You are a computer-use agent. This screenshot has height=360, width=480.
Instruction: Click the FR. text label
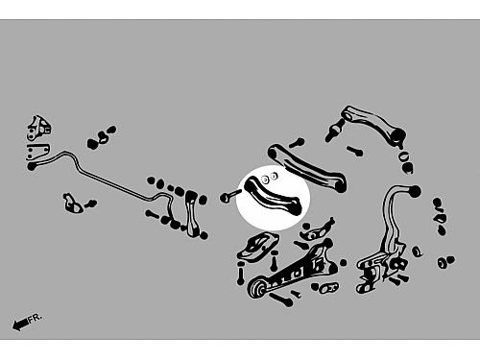[x=35, y=319]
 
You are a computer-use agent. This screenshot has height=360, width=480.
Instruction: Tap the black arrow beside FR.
[x=20, y=324]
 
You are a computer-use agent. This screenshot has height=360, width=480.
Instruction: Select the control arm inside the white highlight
[x=273, y=195]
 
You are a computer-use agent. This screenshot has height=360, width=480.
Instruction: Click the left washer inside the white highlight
[x=265, y=180]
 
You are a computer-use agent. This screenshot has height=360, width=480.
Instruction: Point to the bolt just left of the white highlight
[x=229, y=196]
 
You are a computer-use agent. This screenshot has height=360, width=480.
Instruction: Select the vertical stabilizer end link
[x=191, y=213]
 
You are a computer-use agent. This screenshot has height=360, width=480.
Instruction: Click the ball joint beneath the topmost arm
[x=334, y=131]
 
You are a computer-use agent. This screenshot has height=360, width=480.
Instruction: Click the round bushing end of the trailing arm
[x=257, y=288]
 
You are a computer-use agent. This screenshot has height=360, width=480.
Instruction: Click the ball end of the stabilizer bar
[x=32, y=166]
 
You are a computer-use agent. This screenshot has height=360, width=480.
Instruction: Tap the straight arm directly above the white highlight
[x=307, y=167]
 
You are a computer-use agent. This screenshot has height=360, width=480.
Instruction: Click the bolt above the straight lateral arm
[x=297, y=142]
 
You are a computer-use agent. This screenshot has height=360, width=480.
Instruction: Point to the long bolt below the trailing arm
[x=281, y=300]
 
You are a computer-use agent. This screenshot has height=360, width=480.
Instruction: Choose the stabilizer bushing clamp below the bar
[x=73, y=204]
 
